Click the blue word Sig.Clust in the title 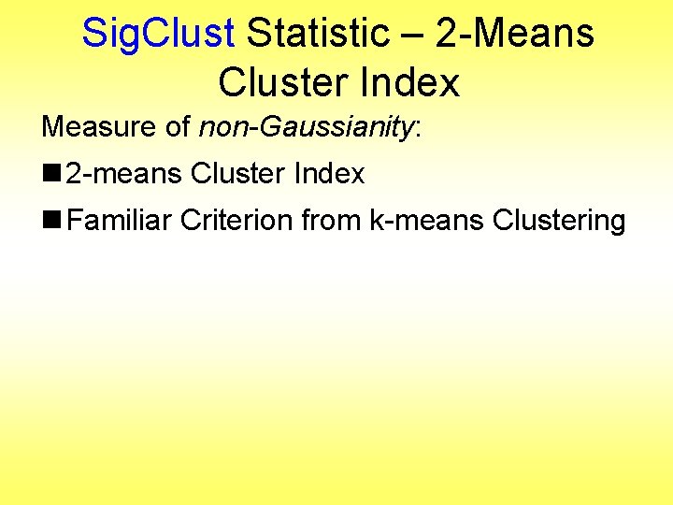coord(157,34)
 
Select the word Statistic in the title coord(317,34)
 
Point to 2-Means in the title coord(515,34)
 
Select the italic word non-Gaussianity coord(306,127)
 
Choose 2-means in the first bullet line coord(123,174)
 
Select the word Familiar coord(119,222)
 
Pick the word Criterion coord(237,222)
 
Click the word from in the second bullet coord(331,222)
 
